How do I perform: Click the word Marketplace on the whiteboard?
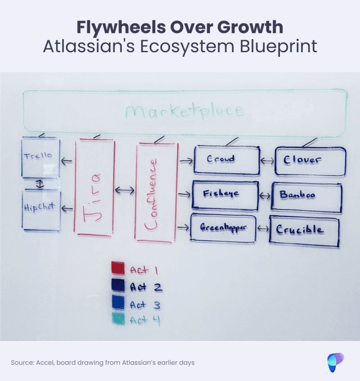[184, 112]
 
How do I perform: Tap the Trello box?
[40, 157]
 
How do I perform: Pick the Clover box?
[310, 161]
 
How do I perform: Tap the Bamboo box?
[306, 197]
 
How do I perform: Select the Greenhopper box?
[223, 228]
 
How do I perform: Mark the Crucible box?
[304, 231]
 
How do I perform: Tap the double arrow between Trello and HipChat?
[40, 184]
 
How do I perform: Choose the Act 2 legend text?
[145, 287]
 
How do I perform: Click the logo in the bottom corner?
[335, 363]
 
